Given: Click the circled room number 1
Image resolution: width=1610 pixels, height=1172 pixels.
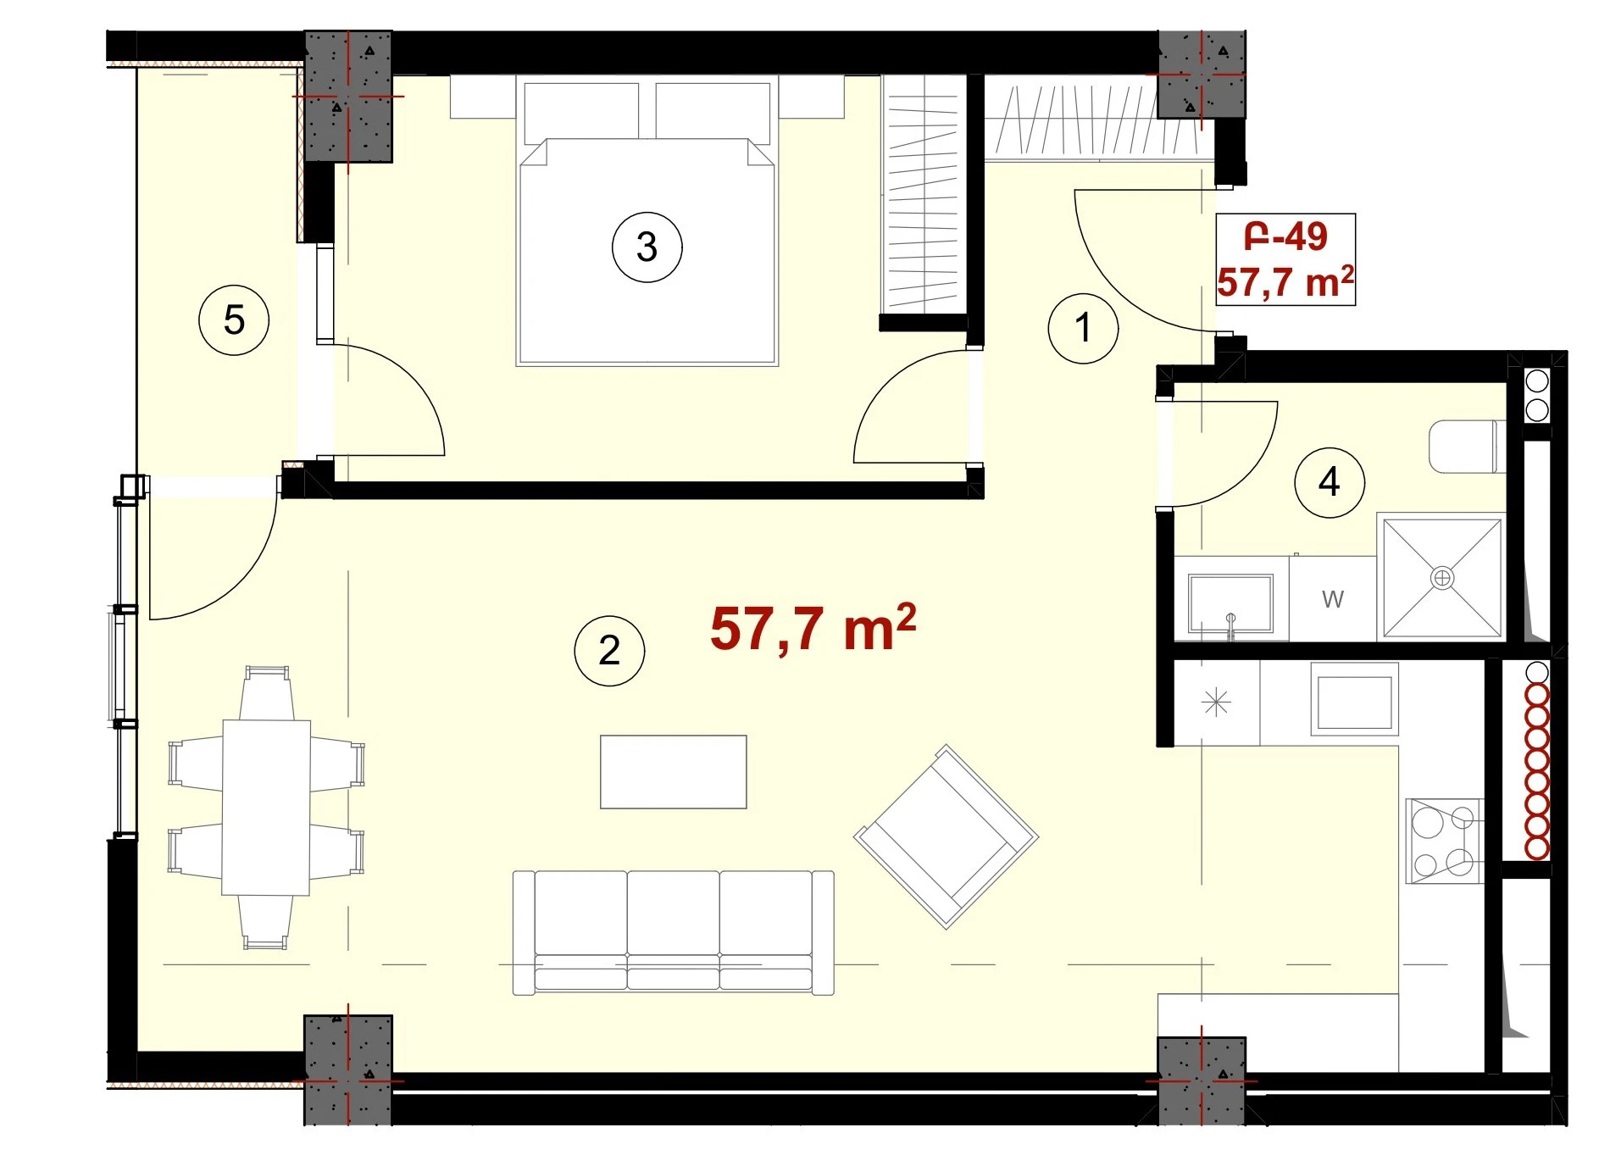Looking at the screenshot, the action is click(x=1083, y=328).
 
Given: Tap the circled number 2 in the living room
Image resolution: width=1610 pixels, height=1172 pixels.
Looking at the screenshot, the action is click(x=609, y=650).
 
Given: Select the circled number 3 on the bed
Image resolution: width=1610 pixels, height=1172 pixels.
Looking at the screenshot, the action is click(x=647, y=247).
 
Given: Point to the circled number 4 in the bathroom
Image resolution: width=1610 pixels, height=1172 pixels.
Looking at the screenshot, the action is click(x=1329, y=482).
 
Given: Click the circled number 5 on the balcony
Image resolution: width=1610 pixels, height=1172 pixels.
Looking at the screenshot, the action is click(x=234, y=319).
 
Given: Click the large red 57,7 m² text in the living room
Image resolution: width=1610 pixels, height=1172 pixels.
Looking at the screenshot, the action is click(x=813, y=628).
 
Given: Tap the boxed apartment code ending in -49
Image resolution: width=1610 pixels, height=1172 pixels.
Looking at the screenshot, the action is click(x=1285, y=236).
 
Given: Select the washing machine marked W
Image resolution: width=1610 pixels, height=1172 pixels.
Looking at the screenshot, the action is click(x=1333, y=598).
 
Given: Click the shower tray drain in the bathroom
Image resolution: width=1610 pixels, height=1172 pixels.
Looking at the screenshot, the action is click(x=1441, y=578).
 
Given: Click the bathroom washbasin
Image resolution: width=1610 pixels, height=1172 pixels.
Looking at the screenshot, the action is click(x=1230, y=603).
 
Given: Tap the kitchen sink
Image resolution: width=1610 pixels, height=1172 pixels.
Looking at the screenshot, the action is click(x=1354, y=698).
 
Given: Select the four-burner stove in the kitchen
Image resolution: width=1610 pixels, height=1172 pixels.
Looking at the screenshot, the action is click(x=1444, y=841).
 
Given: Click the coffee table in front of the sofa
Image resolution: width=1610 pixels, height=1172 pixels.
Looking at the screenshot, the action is click(x=673, y=771).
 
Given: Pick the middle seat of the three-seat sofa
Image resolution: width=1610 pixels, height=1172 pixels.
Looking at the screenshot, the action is click(x=673, y=930).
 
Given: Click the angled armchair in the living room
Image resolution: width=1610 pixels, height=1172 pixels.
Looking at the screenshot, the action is click(x=946, y=836).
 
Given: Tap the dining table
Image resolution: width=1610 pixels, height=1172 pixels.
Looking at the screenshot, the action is click(x=266, y=807).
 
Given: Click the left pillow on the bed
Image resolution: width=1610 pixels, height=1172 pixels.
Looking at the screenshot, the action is click(x=581, y=112).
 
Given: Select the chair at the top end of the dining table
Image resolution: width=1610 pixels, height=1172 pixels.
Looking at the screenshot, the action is click(x=266, y=693).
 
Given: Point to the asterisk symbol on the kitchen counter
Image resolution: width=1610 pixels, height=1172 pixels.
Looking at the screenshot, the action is click(x=1216, y=703).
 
